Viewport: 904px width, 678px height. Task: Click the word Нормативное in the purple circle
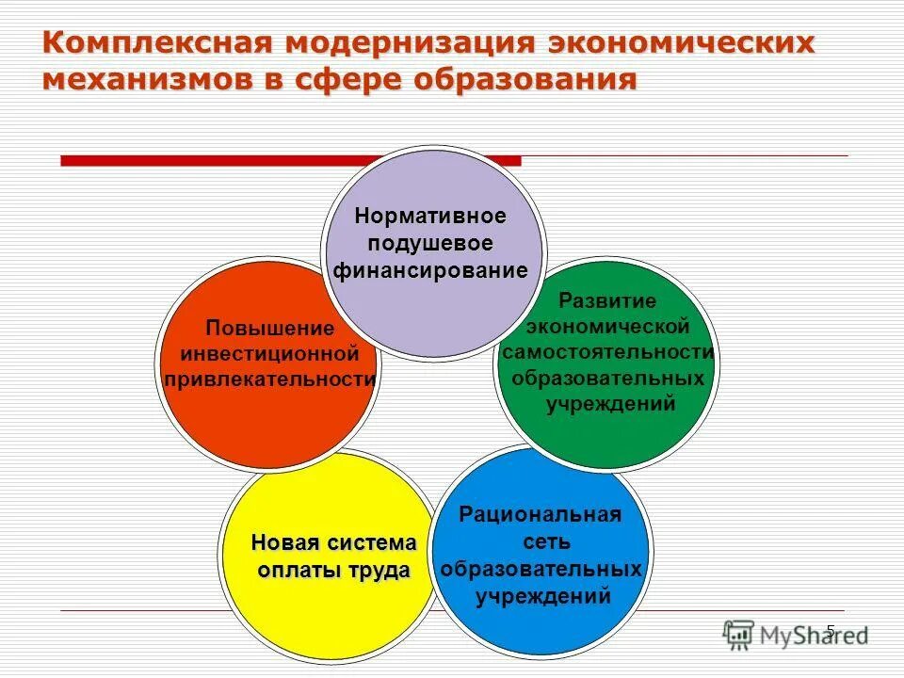point(430,216)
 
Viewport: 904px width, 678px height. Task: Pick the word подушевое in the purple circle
point(430,243)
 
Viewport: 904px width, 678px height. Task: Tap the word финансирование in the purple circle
point(430,271)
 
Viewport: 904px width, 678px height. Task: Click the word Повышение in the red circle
point(270,329)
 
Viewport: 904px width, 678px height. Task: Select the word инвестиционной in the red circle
point(270,354)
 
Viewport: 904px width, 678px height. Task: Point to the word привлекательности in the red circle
point(270,379)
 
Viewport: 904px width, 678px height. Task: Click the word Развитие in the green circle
point(607,301)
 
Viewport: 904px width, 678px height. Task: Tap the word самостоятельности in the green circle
point(607,352)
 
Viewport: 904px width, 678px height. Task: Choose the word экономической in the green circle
point(607,327)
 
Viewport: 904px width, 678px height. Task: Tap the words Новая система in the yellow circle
point(333,543)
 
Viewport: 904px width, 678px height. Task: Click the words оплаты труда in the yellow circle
point(333,571)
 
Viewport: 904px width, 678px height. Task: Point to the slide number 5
point(830,630)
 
